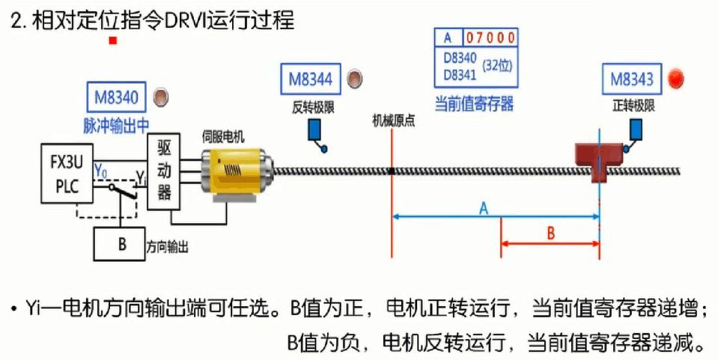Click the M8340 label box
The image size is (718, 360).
[117, 97]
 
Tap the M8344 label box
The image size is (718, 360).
[311, 79]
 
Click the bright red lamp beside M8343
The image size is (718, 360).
[677, 79]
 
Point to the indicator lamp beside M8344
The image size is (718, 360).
[355, 78]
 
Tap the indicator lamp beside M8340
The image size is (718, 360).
[160, 97]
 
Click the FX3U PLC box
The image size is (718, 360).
[67, 174]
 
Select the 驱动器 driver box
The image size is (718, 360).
[165, 171]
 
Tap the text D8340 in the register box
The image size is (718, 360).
[459, 58]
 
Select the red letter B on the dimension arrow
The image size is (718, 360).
[550, 233]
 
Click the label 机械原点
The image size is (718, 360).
[394, 120]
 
